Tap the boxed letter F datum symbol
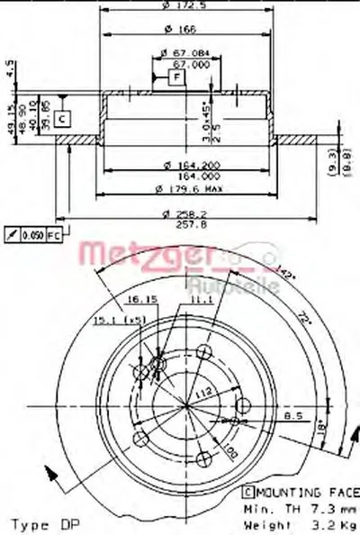pyautogui.click(x=176, y=77)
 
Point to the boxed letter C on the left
pyautogui.click(x=61, y=117)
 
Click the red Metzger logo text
pyautogui.click(x=134, y=255)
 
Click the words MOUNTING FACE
pyautogui.click(x=304, y=494)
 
